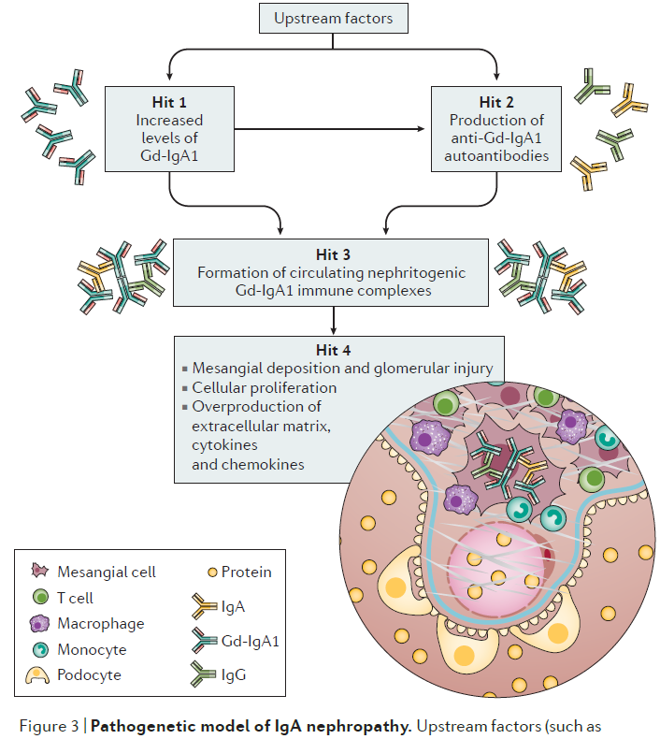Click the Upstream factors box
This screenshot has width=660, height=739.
(332, 18)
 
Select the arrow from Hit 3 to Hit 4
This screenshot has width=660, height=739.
(333, 321)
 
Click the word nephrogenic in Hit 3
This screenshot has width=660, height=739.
(425, 272)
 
